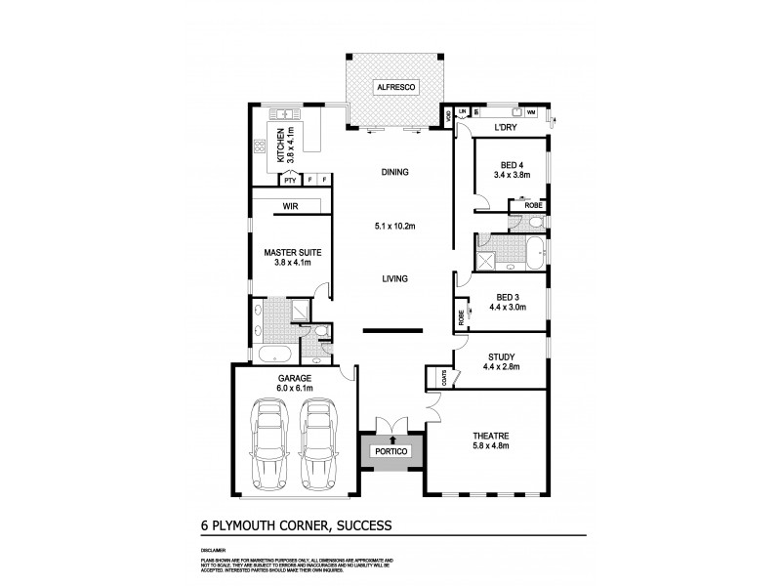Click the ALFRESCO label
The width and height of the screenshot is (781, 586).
(x=397, y=88)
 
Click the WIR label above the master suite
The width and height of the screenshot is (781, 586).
(x=290, y=207)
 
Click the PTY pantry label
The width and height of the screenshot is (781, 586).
(x=289, y=180)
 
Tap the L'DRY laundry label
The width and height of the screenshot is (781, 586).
(x=505, y=128)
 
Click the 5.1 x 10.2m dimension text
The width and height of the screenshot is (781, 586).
(x=394, y=228)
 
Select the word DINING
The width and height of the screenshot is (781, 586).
(x=394, y=173)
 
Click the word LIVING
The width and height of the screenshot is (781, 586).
(x=394, y=279)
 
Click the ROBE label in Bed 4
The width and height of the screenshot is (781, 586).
(x=533, y=206)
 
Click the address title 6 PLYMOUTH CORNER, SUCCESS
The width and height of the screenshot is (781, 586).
(x=290, y=524)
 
